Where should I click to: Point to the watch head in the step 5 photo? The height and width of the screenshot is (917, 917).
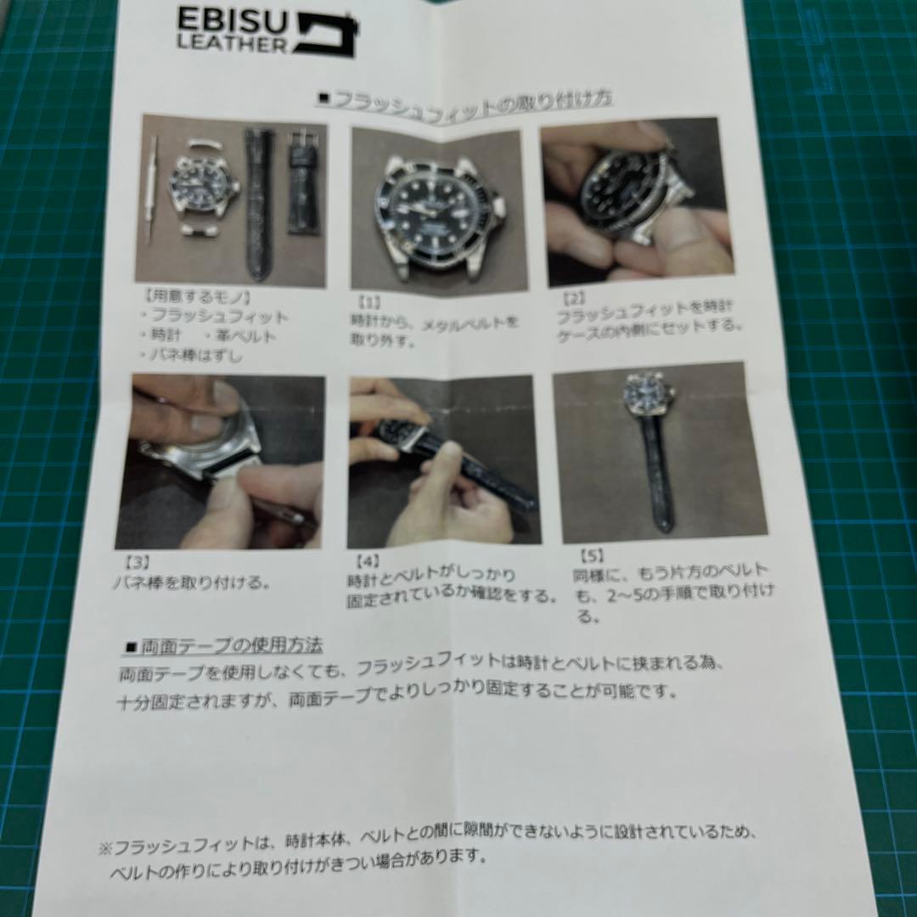pos(650,392)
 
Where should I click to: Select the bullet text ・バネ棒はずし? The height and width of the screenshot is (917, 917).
pos(192,356)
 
